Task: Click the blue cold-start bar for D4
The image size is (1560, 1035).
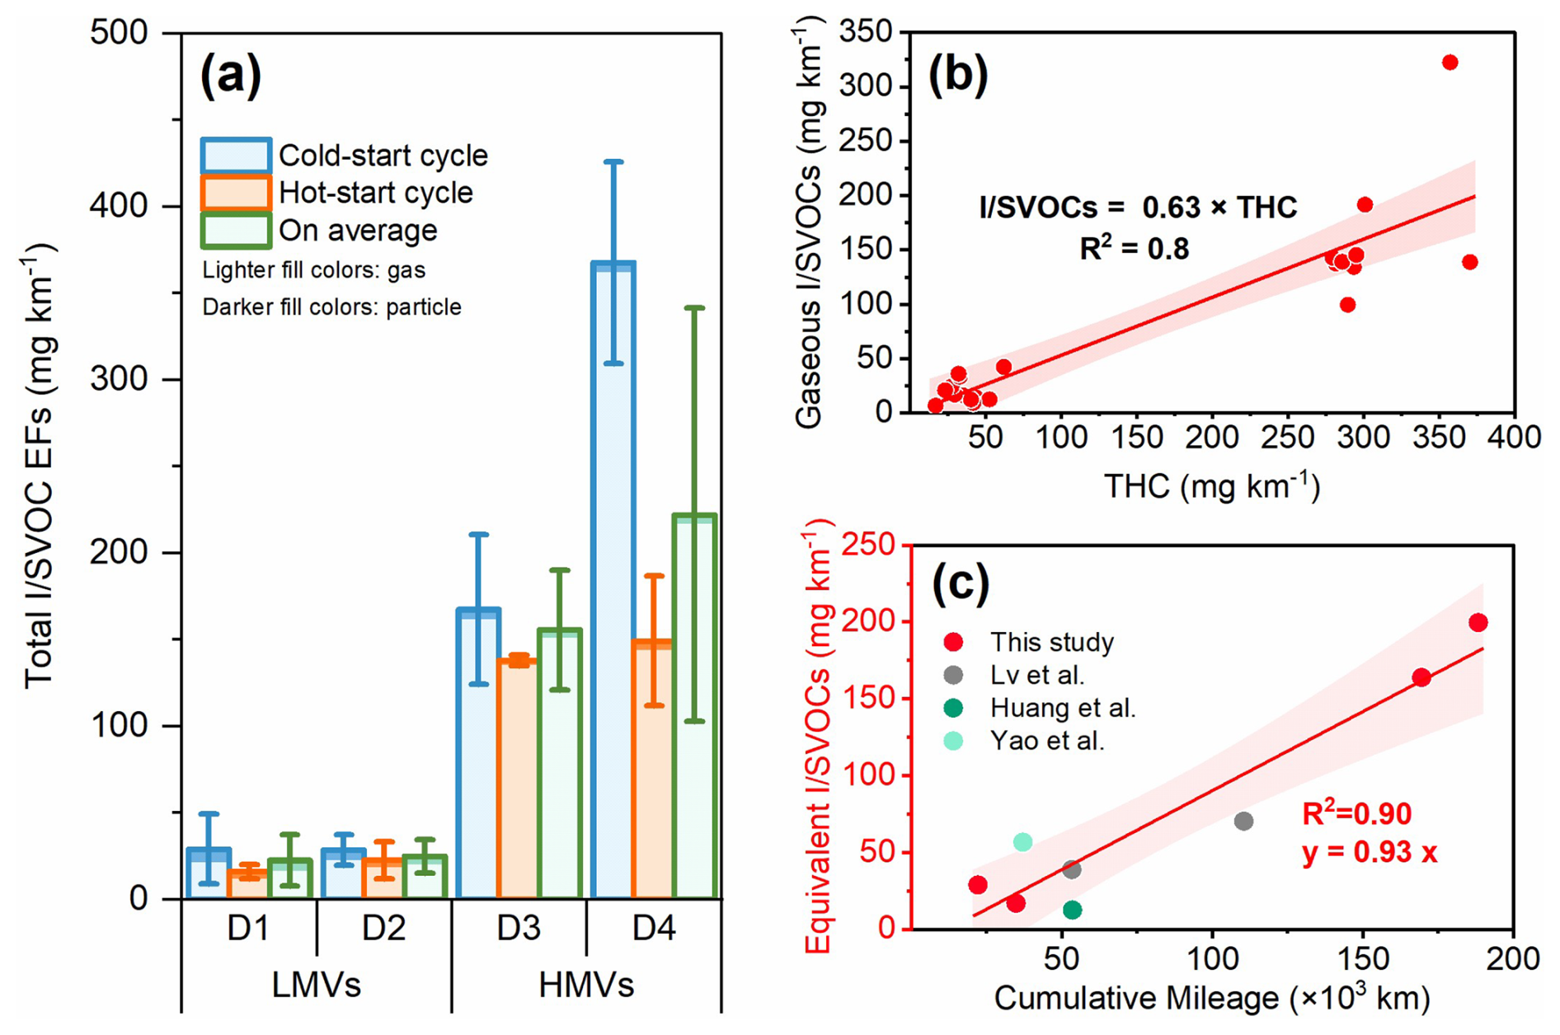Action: click(613, 577)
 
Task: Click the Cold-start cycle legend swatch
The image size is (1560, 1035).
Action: click(236, 155)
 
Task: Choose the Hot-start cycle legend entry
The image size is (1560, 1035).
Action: click(375, 193)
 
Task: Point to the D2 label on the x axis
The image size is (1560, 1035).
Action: click(383, 929)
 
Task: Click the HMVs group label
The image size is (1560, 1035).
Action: click(586, 986)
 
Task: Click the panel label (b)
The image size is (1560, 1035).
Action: click(957, 75)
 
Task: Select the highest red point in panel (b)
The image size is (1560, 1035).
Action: click(1450, 63)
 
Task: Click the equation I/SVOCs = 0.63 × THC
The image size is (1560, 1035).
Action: click(1138, 207)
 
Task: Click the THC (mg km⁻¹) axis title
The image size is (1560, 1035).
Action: click(1211, 486)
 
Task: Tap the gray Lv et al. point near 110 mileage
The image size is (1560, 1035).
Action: click(1243, 821)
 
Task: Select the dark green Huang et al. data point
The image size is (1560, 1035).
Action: click(1072, 910)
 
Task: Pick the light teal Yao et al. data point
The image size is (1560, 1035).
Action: click(1022, 841)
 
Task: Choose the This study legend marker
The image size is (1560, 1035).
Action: click(953, 642)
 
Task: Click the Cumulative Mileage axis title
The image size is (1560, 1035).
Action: click(1211, 999)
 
